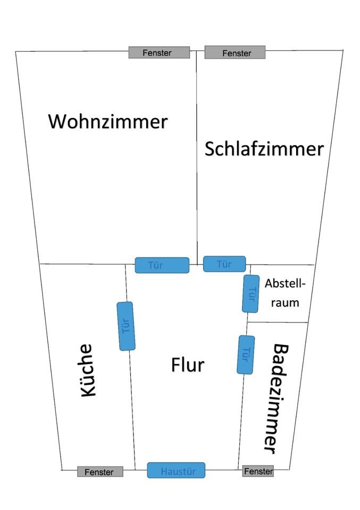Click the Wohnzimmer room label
click(108, 121)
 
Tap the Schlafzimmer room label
click(264, 149)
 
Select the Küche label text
click(88, 370)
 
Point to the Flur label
click(188, 365)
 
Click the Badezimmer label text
click(274, 398)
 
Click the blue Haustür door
click(176, 470)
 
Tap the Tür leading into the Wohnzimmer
click(162, 265)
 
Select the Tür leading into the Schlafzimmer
click(224, 263)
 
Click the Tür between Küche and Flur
click(125, 326)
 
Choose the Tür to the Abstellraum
click(251, 293)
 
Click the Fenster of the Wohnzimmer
click(159, 53)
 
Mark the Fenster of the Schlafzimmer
click(235, 53)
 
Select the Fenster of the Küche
click(100, 472)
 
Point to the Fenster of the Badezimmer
click(258, 471)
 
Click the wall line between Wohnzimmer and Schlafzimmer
click(197, 159)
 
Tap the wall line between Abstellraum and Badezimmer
click(278, 322)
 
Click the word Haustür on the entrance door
click(175, 471)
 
